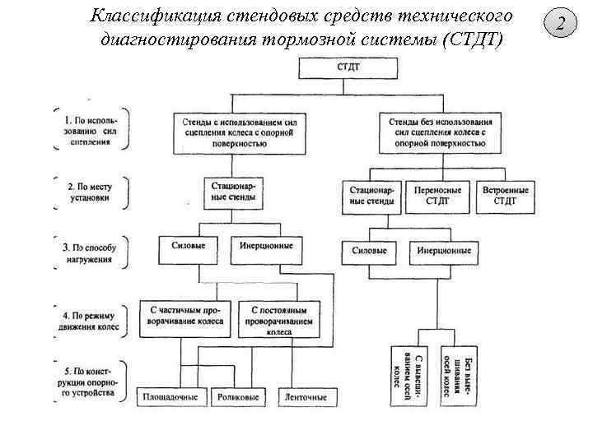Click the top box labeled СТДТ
tap(346, 68)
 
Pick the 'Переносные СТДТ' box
tap(438, 196)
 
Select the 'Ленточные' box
tap(305, 397)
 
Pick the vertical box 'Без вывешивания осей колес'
tap(458, 373)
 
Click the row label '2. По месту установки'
tap(90, 192)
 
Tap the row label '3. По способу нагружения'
tap(91, 252)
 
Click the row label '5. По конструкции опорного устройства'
tap(90, 383)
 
